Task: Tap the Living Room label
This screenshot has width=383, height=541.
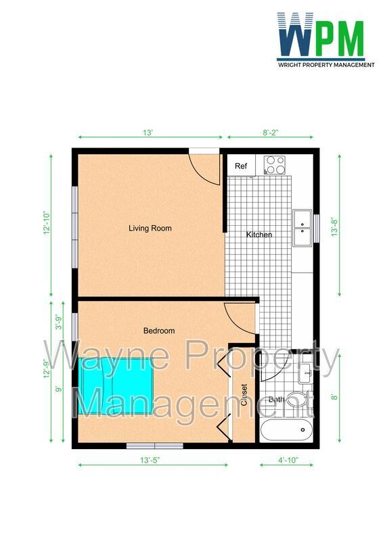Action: pos(150,229)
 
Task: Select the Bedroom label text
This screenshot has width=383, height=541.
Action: pos(159,331)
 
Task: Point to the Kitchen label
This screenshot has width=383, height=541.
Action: pos(259,235)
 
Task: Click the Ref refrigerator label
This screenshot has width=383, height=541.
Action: pos(241,166)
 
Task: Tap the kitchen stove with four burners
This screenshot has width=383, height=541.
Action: pos(275,163)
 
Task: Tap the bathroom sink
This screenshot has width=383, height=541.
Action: pos(305,371)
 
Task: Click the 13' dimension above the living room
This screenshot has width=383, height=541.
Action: pos(148,133)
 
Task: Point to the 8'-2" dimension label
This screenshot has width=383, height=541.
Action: pos(271,133)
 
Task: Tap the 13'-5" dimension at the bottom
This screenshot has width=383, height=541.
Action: pos(150,460)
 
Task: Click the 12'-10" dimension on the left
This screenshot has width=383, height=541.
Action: pos(47,223)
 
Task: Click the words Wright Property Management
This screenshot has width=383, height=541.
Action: pos(326,65)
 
